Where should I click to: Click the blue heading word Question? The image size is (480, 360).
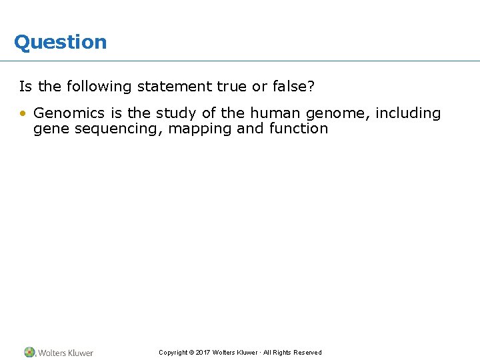click(60, 42)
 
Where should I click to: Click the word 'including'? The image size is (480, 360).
click(408, 113)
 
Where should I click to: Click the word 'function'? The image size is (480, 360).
click(299, 129)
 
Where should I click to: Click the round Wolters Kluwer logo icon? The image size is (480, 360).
click(30, 352)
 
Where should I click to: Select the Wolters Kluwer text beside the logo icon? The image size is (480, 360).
click(65, 353)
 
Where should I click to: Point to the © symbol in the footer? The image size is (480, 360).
click(191, 353)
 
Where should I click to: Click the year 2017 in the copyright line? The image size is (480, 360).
click(203, 353)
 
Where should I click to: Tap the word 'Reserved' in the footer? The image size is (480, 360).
click(307, 353)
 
